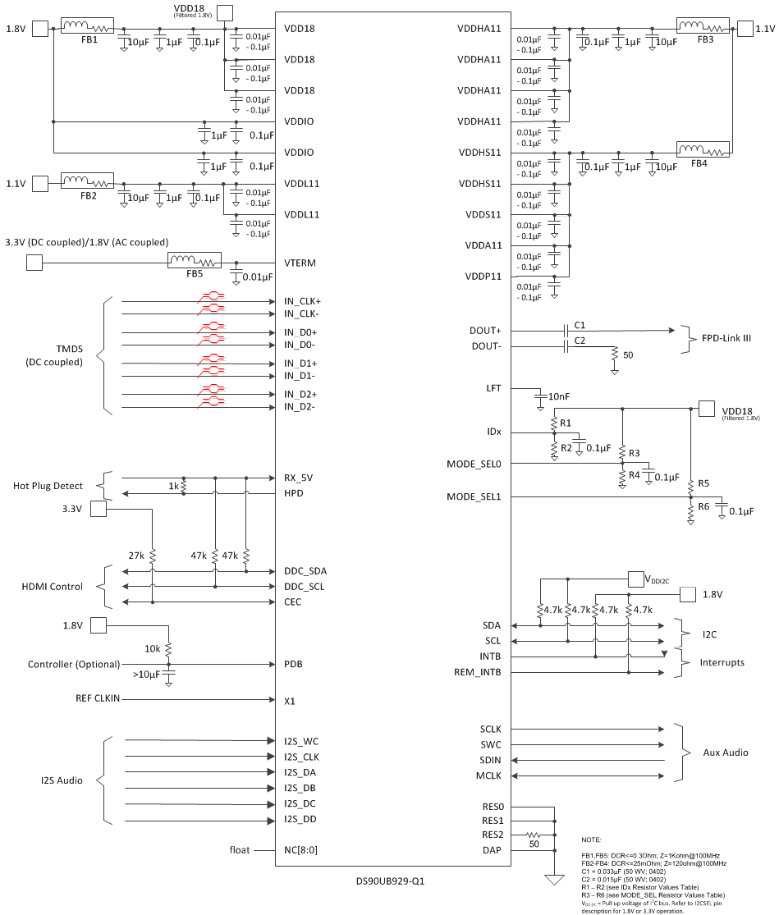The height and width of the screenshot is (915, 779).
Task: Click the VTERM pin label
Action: (300, 263)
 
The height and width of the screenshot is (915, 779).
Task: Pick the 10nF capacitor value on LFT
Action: (559, 396)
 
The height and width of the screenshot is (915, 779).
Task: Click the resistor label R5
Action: (704, 483)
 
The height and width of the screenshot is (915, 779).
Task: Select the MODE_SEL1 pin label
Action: (474, 496)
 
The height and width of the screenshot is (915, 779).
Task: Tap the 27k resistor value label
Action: (136, 556)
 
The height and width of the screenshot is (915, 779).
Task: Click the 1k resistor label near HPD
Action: (174, 486)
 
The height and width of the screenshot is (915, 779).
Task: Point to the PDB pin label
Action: (294, 664)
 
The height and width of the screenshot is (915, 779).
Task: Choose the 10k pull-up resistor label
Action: (153, 648)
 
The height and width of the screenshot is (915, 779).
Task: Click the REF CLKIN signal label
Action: (97, 700)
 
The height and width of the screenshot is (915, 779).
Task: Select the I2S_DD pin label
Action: (300, 820)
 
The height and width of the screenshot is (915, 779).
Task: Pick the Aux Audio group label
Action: (726, 753)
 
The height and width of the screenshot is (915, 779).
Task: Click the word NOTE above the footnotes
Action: (591, 840)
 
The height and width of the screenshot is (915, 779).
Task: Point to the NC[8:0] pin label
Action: (300, 850)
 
